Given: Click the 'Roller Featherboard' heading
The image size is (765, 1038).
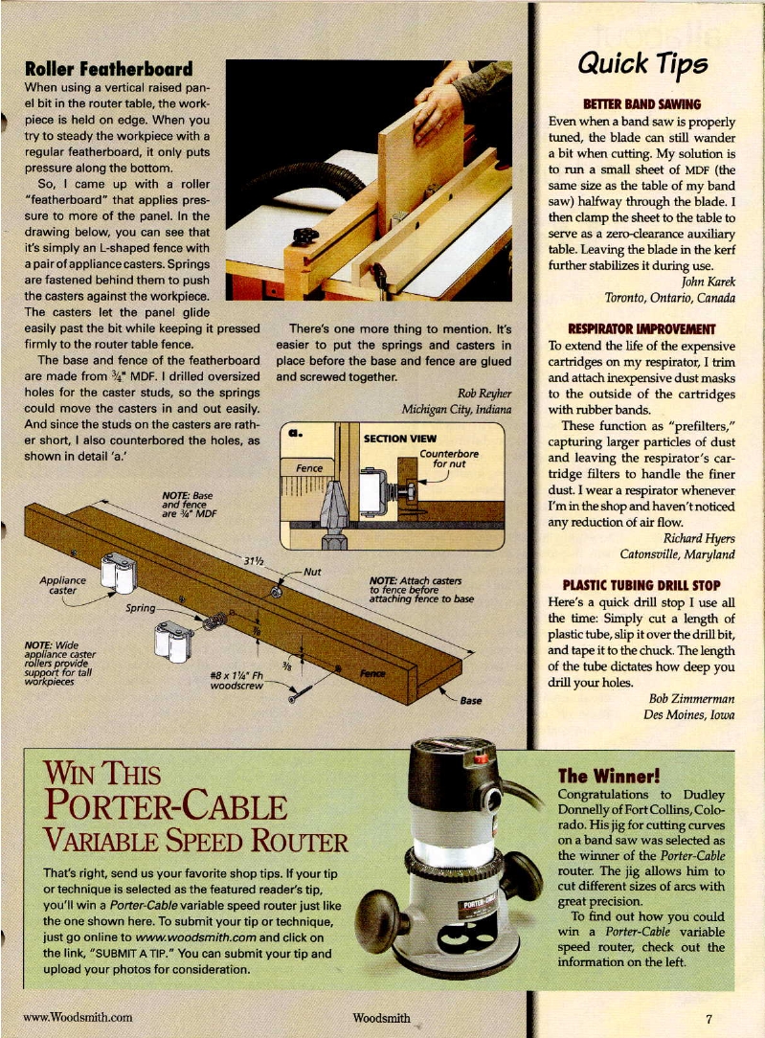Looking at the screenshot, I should point(108,70).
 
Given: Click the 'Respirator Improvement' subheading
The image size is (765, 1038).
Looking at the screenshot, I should point(642,327).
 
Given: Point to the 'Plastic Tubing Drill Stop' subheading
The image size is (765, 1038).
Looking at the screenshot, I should point(642,585).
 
